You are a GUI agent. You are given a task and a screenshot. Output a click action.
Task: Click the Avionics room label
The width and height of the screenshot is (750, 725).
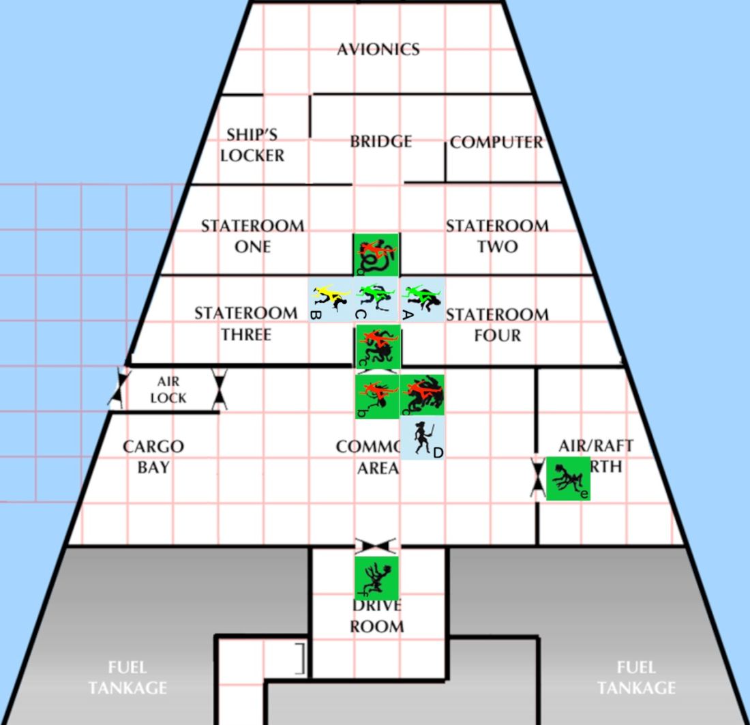tap(378, 49)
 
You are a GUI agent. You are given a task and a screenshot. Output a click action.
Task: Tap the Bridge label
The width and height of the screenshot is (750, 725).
tap(380, 141)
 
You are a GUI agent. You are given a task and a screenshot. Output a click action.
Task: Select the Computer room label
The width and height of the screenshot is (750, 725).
tap(496, 143)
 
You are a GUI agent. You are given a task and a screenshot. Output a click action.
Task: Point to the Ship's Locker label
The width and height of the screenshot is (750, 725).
tap(252, 145)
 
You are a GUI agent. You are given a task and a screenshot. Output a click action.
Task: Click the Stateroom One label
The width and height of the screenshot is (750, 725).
tap(252, 235)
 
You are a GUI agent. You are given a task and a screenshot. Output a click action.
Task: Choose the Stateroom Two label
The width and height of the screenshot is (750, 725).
tap(497, 235)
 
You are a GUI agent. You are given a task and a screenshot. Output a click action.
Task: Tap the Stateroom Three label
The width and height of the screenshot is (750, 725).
tap(246, 323)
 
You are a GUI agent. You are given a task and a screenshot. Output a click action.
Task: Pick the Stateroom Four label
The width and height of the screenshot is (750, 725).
tap(496, 325)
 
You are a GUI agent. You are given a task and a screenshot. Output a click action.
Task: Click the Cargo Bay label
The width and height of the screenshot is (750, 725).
tap(153, 456)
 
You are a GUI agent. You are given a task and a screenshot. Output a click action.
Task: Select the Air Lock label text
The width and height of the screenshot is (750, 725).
tap(168, 389)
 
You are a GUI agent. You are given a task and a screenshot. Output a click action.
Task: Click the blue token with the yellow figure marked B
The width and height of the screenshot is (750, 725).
tap(331, 299)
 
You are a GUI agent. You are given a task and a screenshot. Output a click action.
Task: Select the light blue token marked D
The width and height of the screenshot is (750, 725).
tap(423, 439)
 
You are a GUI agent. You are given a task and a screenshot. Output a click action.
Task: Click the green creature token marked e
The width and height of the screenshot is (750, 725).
tap(568, 478)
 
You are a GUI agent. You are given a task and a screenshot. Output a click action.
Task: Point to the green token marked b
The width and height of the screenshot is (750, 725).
tap(376, 396)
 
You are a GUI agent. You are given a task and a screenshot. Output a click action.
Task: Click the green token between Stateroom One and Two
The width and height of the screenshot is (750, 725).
tap(376, 254)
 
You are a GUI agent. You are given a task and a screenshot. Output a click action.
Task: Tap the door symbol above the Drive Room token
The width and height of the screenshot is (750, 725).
tap(376, 546)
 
